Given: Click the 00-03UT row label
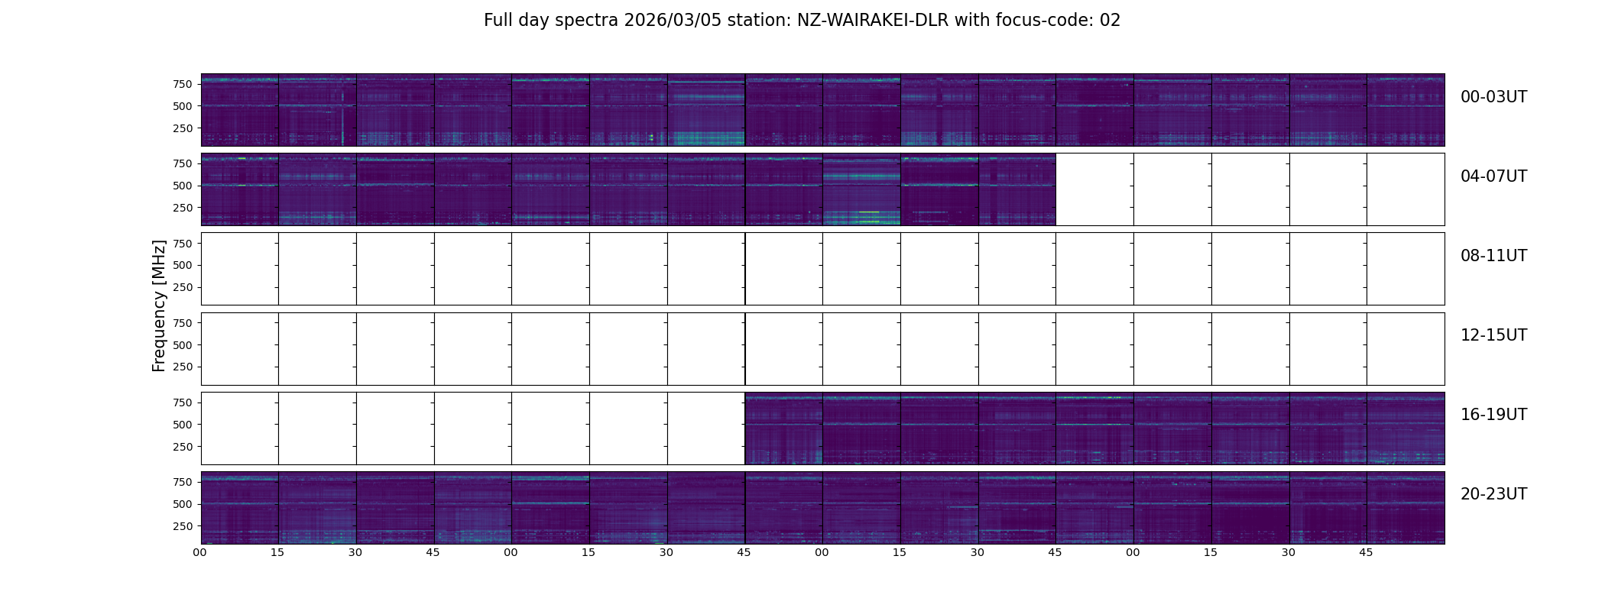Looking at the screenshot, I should point(1493,97).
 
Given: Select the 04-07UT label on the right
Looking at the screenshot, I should point(1493,176).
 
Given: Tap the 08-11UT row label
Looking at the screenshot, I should point(1493,256).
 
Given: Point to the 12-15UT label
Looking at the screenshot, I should point(1493,335).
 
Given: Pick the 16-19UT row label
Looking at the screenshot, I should point(1493,415).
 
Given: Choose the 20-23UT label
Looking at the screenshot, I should point(1493,494).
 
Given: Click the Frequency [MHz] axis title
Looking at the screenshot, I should point(159,305).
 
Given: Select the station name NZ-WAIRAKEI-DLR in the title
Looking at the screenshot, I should point(873,21).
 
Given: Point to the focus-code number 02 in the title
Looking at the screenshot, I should point(1110,21).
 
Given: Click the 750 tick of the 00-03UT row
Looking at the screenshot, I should point(183,84).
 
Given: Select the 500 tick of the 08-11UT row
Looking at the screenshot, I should point(183,265).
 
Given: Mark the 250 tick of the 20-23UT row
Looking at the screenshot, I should point(183,526).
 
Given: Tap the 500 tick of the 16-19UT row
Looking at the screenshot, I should point(183,425).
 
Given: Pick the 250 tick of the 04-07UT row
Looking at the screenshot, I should point(183,208).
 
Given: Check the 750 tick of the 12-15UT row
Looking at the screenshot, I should point(183,323).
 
